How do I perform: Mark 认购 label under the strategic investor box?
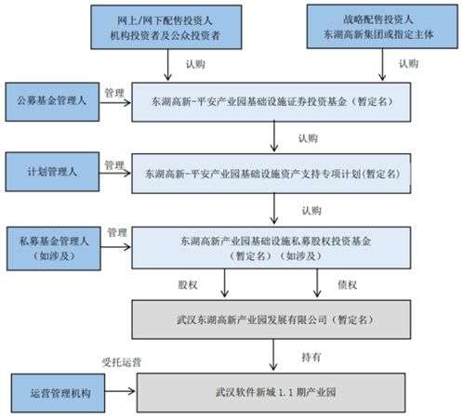(x=408, y=63)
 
